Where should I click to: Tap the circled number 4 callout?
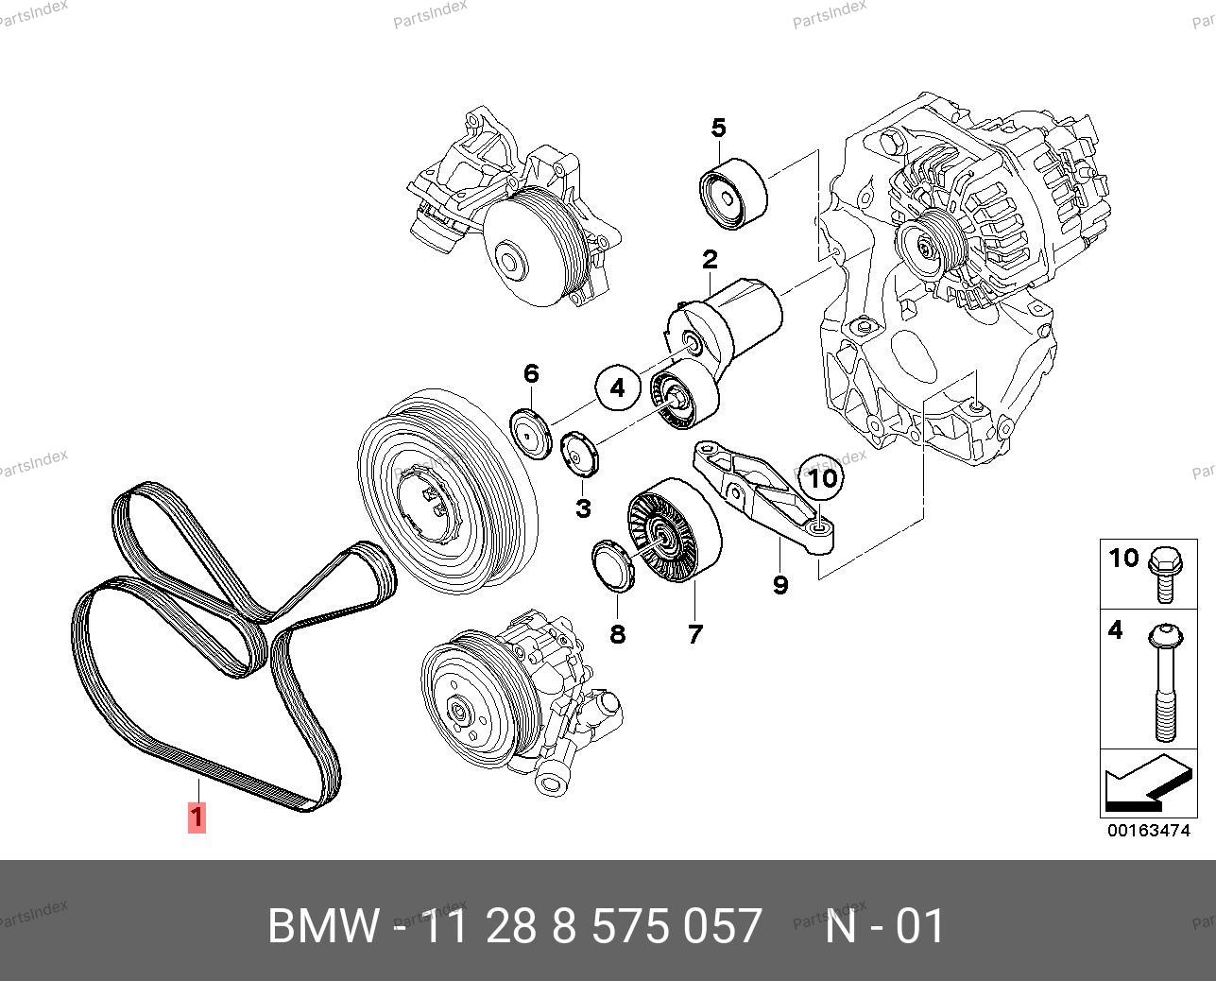coord(617,387)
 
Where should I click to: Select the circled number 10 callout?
coord(823,478)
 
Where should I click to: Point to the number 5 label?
coord(718,127)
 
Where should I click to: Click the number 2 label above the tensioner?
coord(709,259)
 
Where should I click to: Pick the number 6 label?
coord(531,373)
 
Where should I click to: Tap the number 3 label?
coord(583,508)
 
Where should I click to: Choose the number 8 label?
coord(617,634)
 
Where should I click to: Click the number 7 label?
coord(695,634)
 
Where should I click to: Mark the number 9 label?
coord(780,585)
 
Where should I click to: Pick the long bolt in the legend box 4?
coord(1165,680)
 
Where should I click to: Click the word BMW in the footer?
coord(322,927)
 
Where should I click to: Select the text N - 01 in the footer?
coord(884,927)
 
